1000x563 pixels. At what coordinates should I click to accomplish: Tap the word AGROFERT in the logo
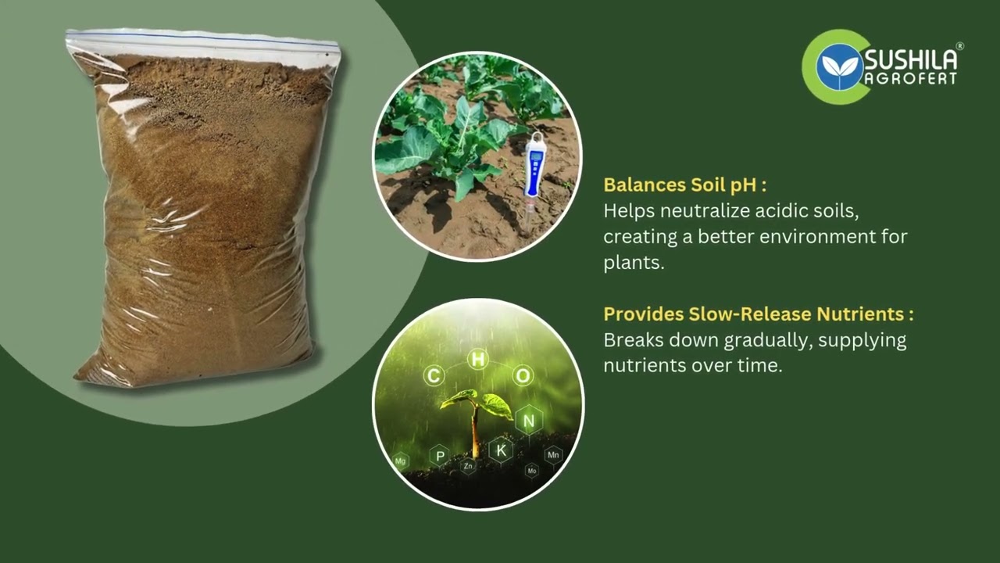pyautogui.click(x=910, y=79)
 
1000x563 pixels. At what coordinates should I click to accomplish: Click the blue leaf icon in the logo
pyautogui.click(x=839, y=66)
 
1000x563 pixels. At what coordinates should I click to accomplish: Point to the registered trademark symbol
pyautogui.click(x=960, y=46)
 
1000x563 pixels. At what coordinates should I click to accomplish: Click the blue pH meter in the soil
pyautogui.click(x=534, y=167)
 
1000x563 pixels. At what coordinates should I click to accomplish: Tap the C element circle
pyautogui.click(x=434, y=376)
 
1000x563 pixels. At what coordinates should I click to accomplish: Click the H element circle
pyautogui.click(x=477, y=359)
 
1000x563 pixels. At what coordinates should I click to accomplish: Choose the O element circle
pyautogui.click(x=523, y=376)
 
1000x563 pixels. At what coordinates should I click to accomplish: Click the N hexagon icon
pyautogui.click(x=529, y=421)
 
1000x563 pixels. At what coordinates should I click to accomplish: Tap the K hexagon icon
pyautogui.click(x=501, y=450)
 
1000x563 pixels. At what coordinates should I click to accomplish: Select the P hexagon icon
pyautogui.click(x=440, y=456)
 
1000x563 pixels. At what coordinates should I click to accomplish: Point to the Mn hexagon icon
pyautogui.click(x=553, y=454)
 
